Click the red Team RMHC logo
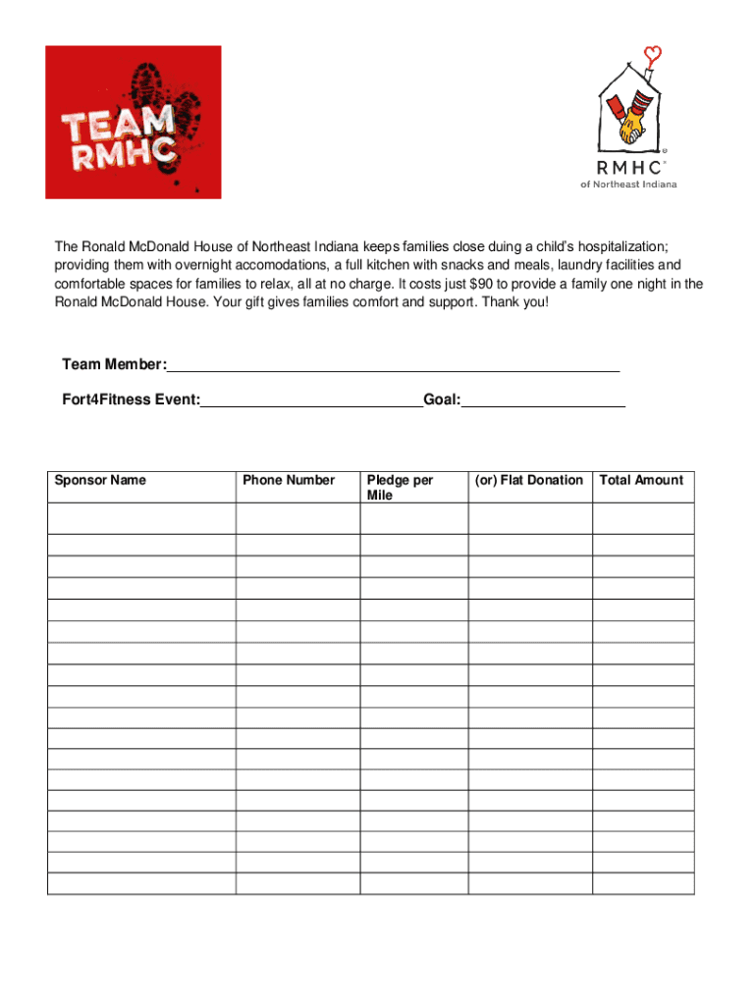coord(133,122)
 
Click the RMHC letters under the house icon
coord(632,167)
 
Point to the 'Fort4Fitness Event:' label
coord(131,400)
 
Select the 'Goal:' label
coord(442,400)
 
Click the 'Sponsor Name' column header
coord(100,480)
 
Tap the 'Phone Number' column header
coord(289,480)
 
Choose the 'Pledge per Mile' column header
coord(399,488)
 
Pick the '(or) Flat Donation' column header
coord(529,480)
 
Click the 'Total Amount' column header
coord(641,480)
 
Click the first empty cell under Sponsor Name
coord(140,518)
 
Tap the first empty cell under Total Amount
coord(642,518)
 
